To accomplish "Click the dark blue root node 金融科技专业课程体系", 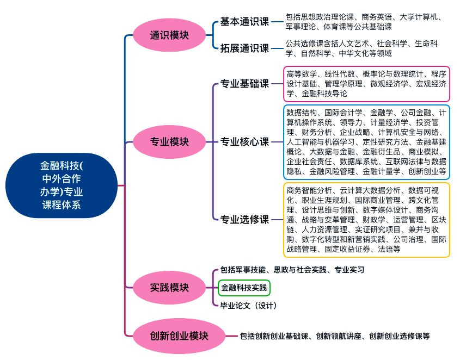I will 62,185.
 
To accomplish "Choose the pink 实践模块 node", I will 169,287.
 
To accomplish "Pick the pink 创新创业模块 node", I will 179,336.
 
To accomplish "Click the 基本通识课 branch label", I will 244,22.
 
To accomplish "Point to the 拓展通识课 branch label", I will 244,48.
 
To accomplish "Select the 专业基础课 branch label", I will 244,84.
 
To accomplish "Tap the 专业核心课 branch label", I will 244,142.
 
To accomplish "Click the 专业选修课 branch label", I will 244,220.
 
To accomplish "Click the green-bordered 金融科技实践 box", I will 244,287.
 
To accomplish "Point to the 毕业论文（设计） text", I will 248,305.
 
